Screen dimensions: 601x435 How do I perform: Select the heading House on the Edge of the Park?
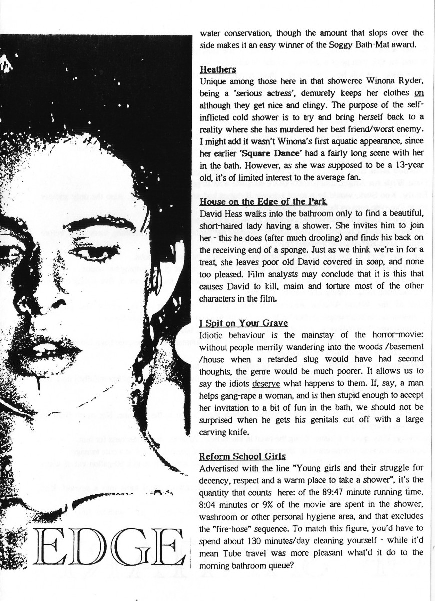263,202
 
